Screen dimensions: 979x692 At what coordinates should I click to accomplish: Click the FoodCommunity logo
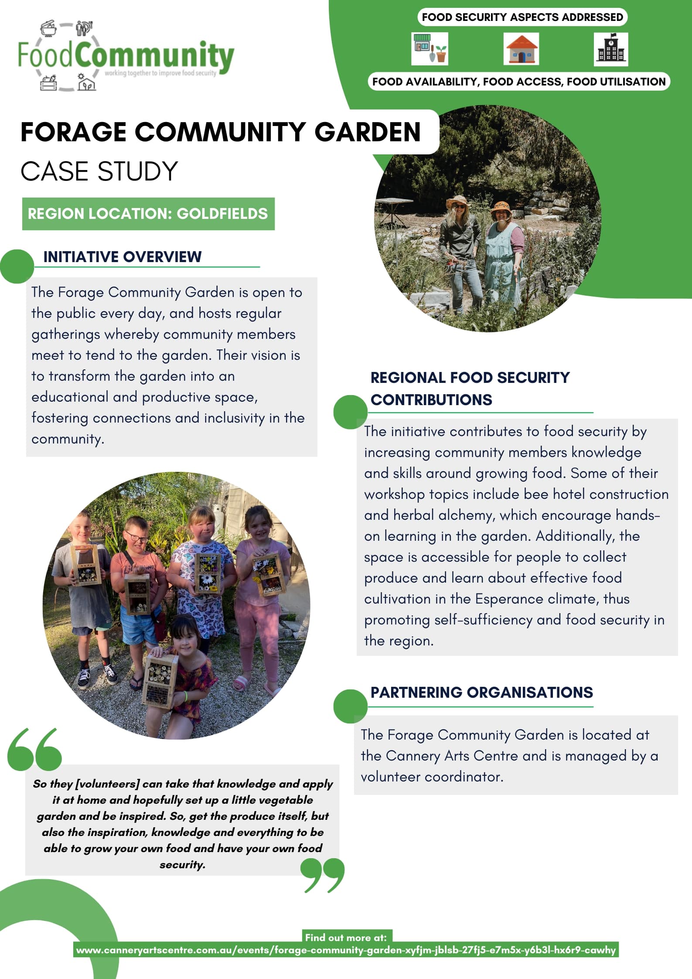tap(126, 56)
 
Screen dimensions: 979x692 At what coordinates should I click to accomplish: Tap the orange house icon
tap(521, 49)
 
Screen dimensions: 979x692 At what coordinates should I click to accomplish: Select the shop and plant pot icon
tap(430, 49)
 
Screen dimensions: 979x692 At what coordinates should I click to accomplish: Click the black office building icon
tap(610, 49)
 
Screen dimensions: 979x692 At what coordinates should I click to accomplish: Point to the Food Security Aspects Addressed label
tap(522, 17)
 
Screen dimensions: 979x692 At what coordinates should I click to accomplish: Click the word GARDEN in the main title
tap(367, 132)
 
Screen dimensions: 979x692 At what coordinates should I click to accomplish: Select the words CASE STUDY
tap(99, 171)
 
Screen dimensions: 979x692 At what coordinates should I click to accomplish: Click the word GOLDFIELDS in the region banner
tap(222, 214)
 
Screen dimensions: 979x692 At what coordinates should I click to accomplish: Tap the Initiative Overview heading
tap(123, 257)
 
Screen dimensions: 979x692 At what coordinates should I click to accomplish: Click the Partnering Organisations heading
tap(481, 692)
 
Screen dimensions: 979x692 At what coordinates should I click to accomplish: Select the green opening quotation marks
tap(34, 749)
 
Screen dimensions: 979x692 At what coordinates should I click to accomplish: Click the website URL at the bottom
tap(346, 950)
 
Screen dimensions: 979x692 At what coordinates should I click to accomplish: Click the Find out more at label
tap(346, 937)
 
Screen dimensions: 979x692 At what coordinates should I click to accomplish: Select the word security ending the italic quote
tap(182, 865)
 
